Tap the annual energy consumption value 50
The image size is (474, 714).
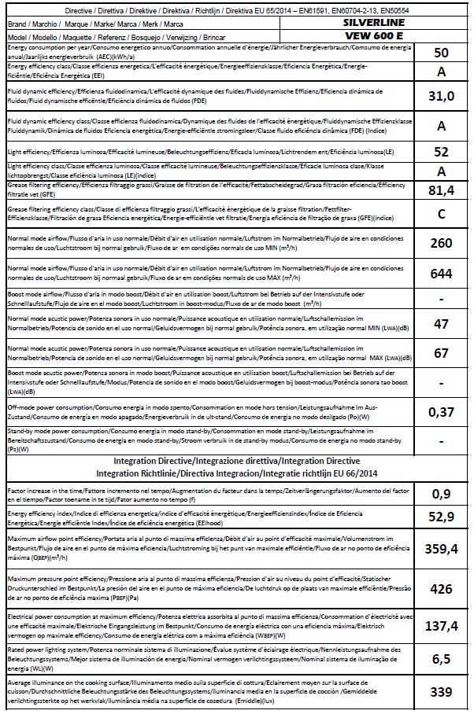pos(441,52)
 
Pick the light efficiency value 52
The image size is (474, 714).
pos(441,151)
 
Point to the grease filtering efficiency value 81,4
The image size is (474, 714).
pos(441,189)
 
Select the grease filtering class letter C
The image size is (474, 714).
pos(441,213)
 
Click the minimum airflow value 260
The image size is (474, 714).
pos(441,243)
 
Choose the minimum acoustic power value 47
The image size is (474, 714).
pos(441,323)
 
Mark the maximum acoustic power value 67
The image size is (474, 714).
pos(441,353)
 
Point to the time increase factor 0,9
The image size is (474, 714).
pos(441,494)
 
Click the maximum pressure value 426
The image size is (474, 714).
pos(441,589)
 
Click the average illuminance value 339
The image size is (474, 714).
pos(441,691)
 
